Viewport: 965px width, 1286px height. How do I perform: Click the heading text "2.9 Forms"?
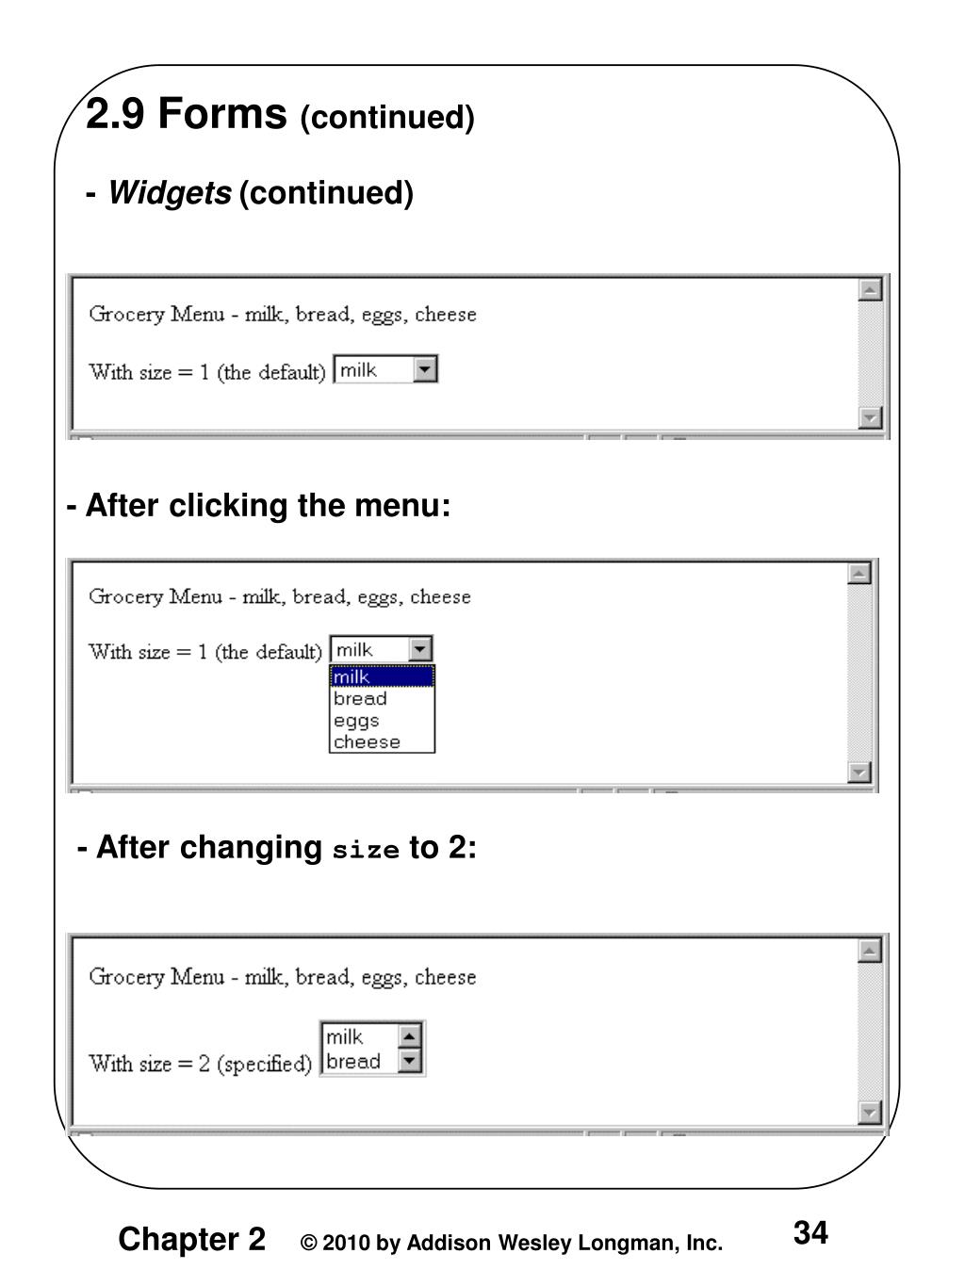coord(186,115)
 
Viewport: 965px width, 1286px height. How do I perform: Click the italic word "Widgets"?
coord(170,193)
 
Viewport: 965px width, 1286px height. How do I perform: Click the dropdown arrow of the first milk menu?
coord(426,369)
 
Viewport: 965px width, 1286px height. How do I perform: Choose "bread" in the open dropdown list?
coord(360,698)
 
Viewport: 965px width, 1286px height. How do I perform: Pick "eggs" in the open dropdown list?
coord(356,720)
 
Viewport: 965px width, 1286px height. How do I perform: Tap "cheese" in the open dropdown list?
coord(367,741)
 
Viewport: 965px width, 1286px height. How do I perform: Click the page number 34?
coord(810,1232)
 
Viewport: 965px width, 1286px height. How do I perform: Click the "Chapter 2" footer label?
coord(191,1238)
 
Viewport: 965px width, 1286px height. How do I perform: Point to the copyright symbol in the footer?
coord(307,1244)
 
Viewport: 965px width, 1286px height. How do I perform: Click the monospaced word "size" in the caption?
coord(367,850)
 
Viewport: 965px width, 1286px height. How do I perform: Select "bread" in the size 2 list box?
coord(353,1062)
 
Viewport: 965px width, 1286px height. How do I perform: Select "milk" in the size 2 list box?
coord(344,1037)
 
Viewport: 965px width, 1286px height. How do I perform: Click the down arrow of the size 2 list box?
coord(409,1062)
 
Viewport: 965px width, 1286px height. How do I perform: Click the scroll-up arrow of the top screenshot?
coord(871,289)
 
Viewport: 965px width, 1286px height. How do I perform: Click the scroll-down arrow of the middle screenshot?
coord(859,773)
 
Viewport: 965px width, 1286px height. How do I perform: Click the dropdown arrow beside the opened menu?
coord(421,649)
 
